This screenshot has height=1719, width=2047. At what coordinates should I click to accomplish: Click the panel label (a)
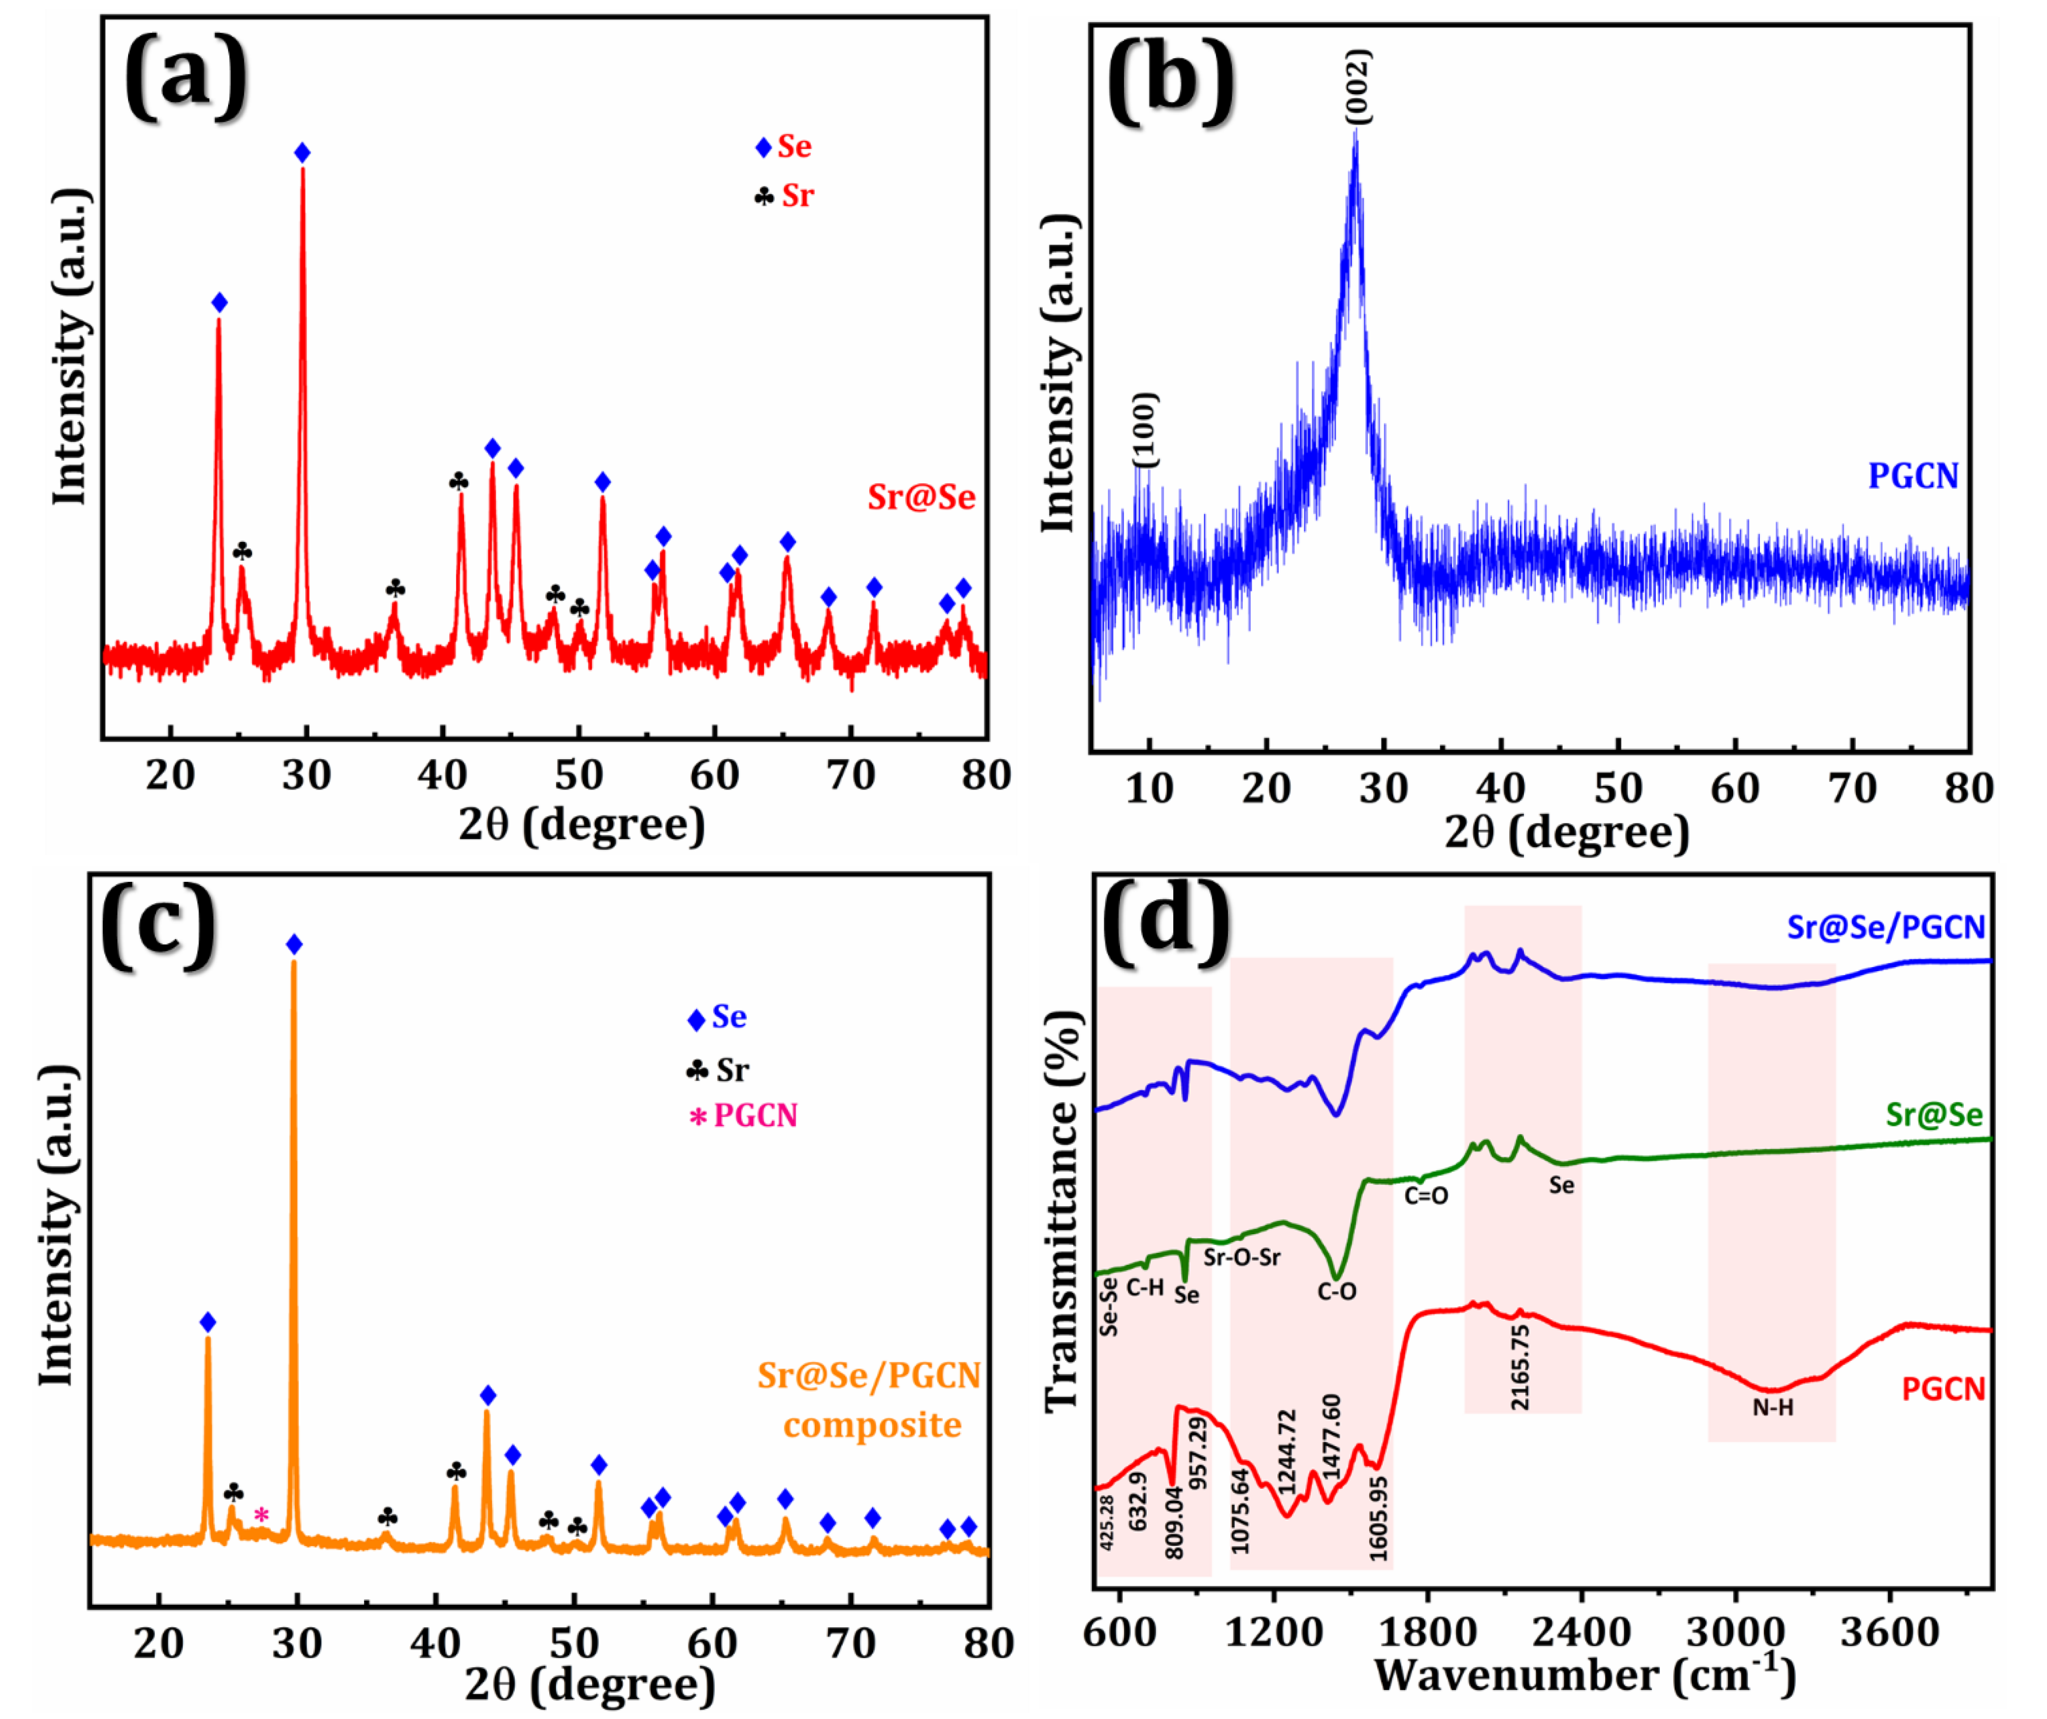point(185,76)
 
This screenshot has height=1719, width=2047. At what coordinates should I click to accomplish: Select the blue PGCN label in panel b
point(1913,476)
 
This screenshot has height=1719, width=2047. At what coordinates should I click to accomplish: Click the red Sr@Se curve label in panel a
point(921,497)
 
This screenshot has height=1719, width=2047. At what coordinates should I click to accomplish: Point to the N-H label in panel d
point(1772,1407)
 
